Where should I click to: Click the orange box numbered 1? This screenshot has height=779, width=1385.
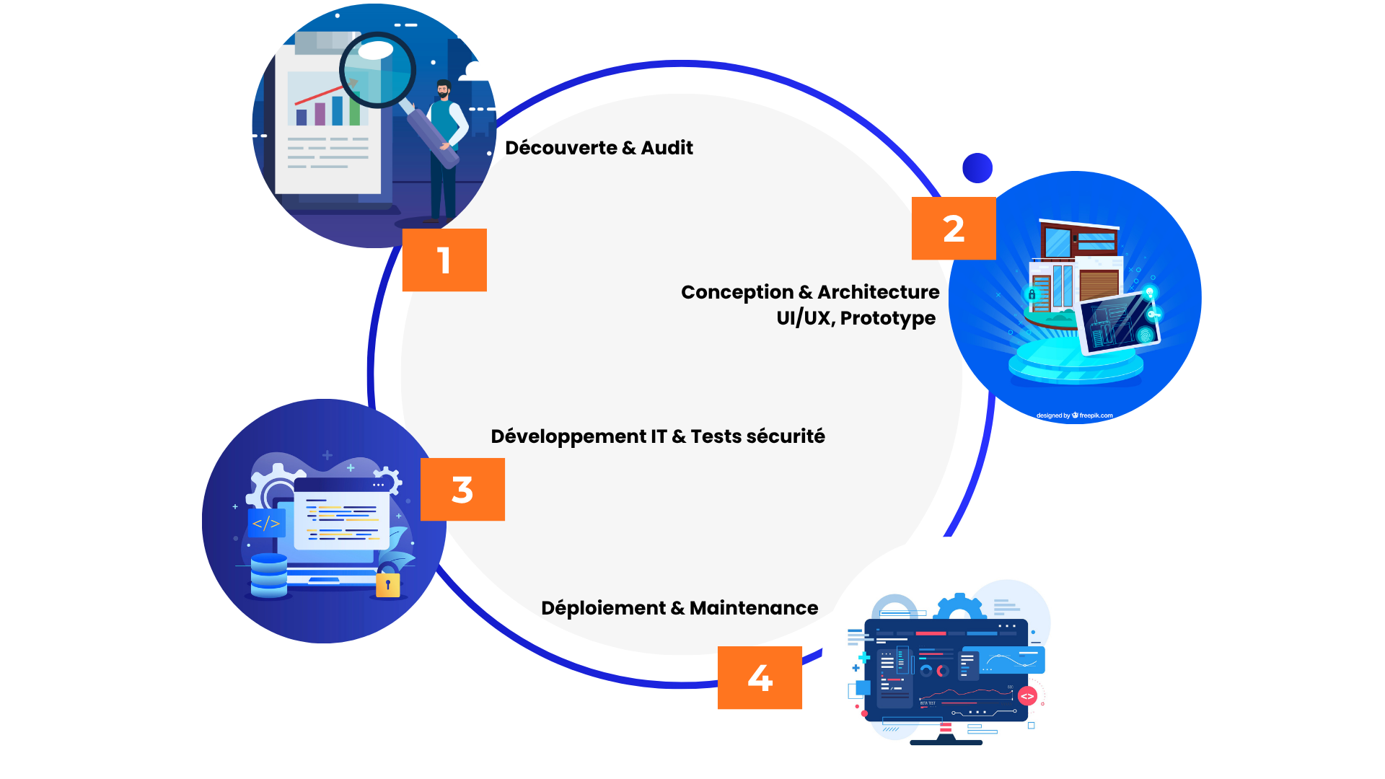tap(444, 260)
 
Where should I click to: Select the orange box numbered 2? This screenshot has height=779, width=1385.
tap(954, 228)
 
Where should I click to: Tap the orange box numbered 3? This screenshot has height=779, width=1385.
tap(462, 489)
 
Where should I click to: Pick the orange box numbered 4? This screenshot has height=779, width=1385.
tap(760, 677)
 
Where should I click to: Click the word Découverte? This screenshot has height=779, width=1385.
tap(561, 148)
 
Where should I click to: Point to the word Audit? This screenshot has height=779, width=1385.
tap(667, 148)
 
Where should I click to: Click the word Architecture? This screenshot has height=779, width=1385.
tap(878, 292)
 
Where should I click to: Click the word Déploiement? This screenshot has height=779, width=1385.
tap(603, 608)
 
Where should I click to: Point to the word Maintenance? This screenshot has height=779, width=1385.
tap(754, 608)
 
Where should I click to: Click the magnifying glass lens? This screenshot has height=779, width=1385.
tap(377, 70)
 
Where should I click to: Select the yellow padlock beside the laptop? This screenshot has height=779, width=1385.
tap(387, 584)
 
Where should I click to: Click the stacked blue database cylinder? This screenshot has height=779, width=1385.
tap(269, 576)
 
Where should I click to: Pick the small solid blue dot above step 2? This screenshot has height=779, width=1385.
tap(977, 168)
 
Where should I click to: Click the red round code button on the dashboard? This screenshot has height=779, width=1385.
tap(1027, 696)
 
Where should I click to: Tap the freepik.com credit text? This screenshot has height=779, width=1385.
tap(1096, 415)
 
